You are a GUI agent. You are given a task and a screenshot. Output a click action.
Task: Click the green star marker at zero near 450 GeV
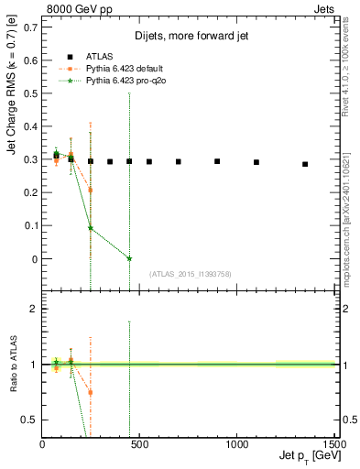129,259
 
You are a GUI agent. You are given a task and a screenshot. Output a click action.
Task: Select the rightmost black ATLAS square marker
305,164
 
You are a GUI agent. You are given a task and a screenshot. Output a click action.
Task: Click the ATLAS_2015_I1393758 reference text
191,274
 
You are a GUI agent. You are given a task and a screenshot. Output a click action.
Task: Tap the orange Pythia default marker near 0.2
90,191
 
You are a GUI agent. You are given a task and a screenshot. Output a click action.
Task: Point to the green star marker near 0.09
90,228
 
